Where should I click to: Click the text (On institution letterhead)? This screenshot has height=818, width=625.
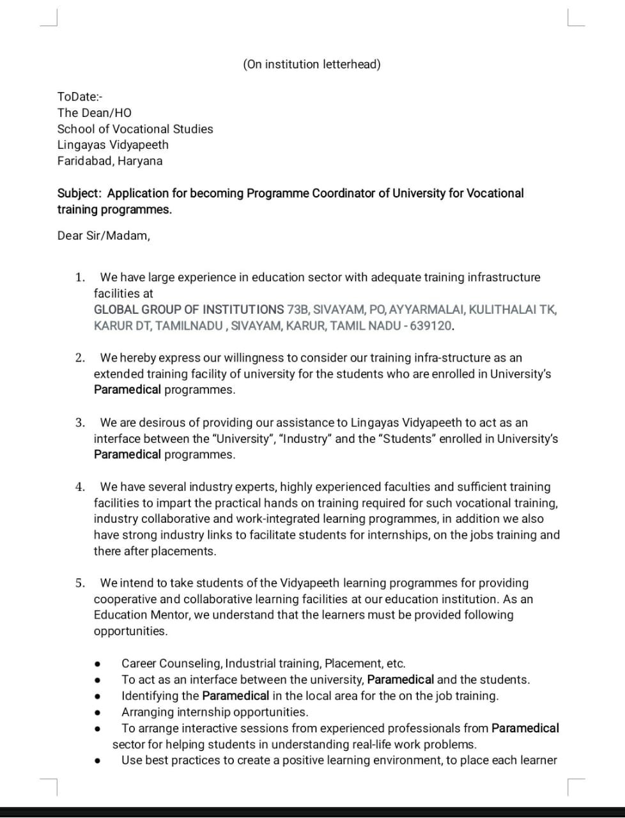[x=311, y=64]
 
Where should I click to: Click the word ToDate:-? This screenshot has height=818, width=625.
[x=80, y=96]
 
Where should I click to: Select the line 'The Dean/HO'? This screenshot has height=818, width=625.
[x=94, y=112]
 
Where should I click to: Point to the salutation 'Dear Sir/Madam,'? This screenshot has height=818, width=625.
[x=104, y=235]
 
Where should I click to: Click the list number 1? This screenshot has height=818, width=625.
[x=79, y=277]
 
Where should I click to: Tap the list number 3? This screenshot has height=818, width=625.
[x=79, y=422]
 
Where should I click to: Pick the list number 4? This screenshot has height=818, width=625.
[x=79, y=487]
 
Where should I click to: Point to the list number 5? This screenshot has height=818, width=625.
[x=79, y=583]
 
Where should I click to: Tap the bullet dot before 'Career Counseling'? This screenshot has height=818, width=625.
[x=97, y=664]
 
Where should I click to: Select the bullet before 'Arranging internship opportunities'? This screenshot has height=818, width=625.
[x=97, y=713]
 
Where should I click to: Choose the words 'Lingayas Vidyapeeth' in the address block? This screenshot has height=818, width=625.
[x=112, y=144]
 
